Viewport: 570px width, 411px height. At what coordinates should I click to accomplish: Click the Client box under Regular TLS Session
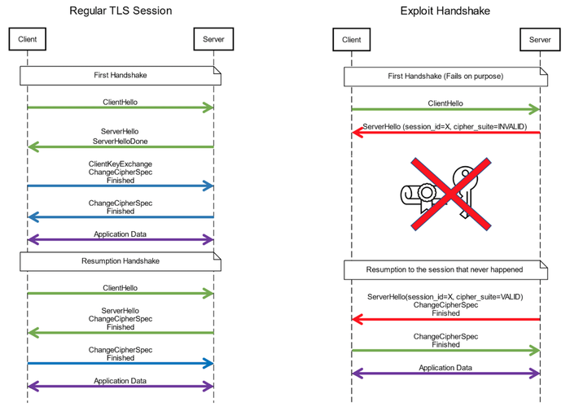coord(27,38)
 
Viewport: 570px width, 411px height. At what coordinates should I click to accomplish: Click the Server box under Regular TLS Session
coord(213,38)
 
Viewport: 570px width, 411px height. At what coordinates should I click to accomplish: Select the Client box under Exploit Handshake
coord(351,39)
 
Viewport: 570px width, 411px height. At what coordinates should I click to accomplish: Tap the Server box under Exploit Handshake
coord(539,39)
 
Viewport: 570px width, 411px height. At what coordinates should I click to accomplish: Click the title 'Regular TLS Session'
coord(121,11)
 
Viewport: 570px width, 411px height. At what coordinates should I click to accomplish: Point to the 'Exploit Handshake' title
coord(445,11)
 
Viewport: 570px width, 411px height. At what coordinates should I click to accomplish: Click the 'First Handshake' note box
coord(121,76)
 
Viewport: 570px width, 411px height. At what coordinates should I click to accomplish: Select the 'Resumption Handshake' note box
coord(121,261)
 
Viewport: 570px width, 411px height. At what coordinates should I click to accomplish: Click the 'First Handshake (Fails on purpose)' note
coord(445,77)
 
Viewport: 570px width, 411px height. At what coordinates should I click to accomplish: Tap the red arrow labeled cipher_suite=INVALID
coord(445,133)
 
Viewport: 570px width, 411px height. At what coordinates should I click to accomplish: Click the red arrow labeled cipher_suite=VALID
coord(445,319)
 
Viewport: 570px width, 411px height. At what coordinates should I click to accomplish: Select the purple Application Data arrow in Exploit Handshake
coord(445,374)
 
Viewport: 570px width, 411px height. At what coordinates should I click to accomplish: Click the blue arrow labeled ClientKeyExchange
coord(121,186)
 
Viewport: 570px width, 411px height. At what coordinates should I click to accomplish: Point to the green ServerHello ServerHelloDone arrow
coord(121,146)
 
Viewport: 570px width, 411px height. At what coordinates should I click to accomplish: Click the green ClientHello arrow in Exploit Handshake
coord(445,109)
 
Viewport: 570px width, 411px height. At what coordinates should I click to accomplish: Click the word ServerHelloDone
coord(121,141)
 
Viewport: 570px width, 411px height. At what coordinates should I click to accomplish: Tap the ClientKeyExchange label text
coord(121,164)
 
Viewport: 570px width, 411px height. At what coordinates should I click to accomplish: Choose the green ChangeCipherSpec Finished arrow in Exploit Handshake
coord(445,350)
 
